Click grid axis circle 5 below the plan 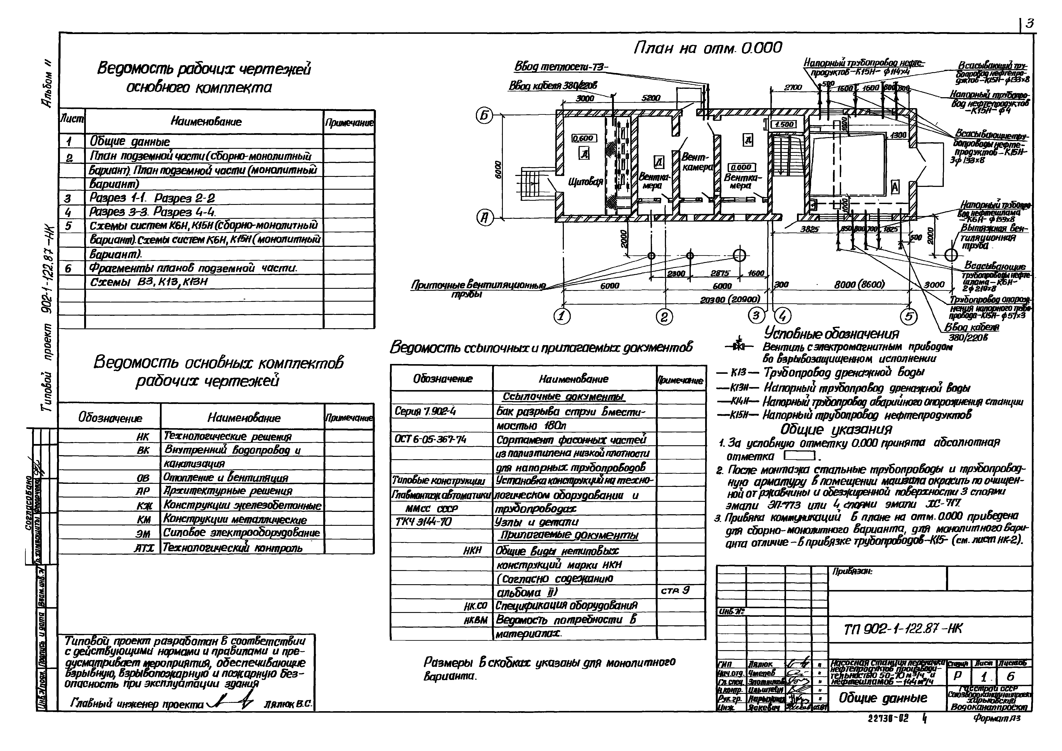tap(909, 316)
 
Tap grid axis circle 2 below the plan tap(664, 317)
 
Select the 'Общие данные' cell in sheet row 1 tap(130, 142)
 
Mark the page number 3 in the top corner tap(1030, 24)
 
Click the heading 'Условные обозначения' tap(831, 333)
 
